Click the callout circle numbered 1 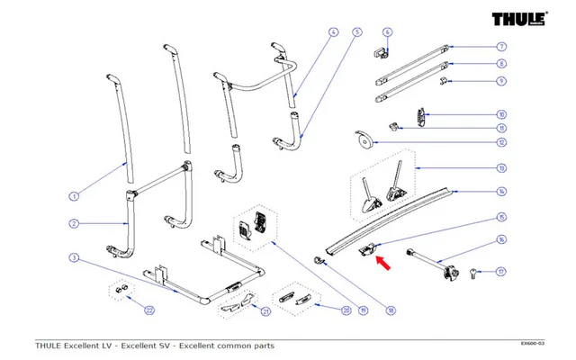point(75,194)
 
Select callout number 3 point(75,258)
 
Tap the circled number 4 point(332,32)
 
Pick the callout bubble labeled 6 point(387,32)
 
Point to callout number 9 point(501,81)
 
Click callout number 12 point(501,142)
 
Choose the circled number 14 point(501,192)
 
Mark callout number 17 point(501,270)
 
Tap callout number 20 point(346,310)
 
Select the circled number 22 point(149,310)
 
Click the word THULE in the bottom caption point(53,346)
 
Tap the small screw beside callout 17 point(474,272)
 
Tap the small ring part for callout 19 point(319,262)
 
